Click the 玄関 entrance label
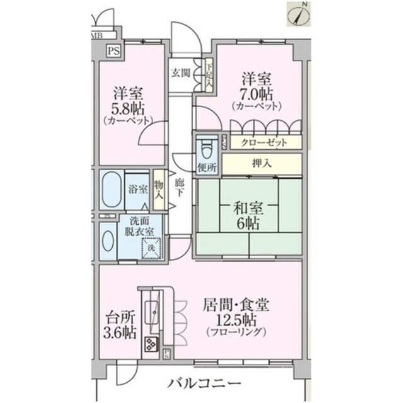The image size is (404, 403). coord(181,72)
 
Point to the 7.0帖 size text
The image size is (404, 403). coord(256,94)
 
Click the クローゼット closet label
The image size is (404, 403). coord(263,143)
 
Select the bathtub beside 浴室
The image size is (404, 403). coord(111,189)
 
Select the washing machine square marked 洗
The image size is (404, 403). coord(151,249)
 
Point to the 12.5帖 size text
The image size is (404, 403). coord(236,319)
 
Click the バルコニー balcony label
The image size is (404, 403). coord(205,383)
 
